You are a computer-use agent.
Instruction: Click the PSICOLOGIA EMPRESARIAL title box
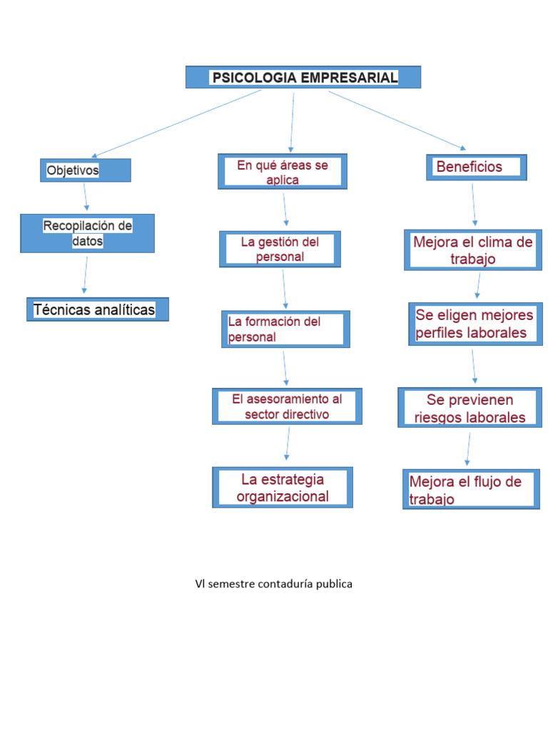[303, 77]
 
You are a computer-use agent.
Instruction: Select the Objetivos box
[86, 170]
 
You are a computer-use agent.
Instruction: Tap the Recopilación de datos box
[87, 233]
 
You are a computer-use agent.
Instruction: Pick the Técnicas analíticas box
[98, 309]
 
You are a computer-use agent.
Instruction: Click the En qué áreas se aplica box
[283, 172]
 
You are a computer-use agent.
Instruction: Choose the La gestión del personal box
[280, 249]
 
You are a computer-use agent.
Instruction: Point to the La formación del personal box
[285, 329]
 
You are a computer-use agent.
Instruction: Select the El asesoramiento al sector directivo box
[287, 406]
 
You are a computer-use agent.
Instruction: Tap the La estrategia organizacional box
[283, 488]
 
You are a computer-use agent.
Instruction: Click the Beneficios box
[477, 167]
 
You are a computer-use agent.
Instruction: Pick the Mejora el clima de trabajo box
[473, 250]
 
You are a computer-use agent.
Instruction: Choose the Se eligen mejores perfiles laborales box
[475, 324]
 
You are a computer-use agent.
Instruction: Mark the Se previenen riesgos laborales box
[470, 408]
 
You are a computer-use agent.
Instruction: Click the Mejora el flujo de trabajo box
[471, 489]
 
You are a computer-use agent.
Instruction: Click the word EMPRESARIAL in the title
[350, 77]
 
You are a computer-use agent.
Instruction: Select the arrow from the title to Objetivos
[177, 123]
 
